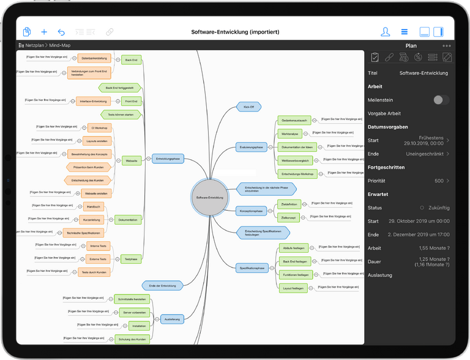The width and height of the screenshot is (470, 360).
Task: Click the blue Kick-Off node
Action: coord(248,107)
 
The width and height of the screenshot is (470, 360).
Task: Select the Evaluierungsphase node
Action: coord(252,147)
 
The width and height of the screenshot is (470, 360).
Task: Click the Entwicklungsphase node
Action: coord(168,159)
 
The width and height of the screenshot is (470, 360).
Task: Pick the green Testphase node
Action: coord(130,258)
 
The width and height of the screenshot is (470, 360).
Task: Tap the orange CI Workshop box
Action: coord(98,128)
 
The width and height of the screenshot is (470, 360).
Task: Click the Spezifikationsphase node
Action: coord(252,268)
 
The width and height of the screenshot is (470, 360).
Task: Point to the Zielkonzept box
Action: coord(288,217)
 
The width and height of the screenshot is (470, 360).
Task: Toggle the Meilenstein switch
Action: coord(441,100)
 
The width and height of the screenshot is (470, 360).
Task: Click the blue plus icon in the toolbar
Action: coord(43,32)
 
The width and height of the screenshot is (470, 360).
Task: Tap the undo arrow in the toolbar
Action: coord(61,32)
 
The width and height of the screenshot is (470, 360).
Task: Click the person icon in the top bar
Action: coord(385,32)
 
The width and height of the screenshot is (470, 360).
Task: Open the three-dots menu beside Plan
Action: coord(447,46)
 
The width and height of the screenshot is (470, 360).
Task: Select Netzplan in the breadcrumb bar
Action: coord(36,46)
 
